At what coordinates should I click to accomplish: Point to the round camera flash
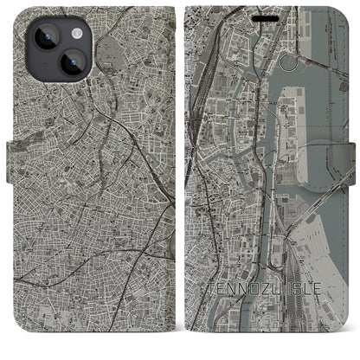click(75, 33)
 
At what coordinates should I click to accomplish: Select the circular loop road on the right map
click(300, 61)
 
